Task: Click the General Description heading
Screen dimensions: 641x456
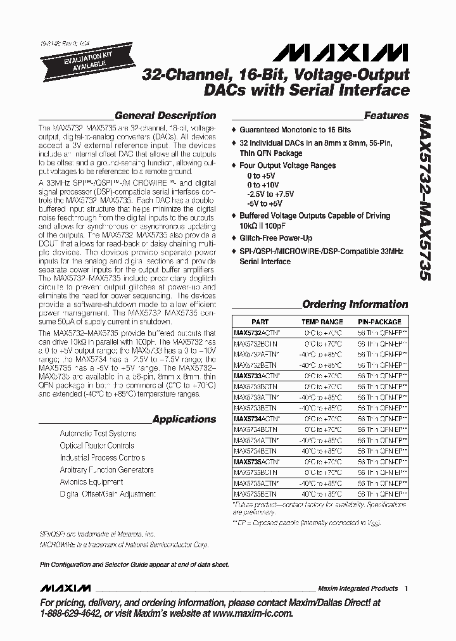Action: click(165, 116)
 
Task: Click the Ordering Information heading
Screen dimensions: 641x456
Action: click(355, 305)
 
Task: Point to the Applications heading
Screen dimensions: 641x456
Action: click(184, 419)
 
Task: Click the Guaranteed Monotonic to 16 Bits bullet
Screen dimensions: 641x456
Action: click(294, 129)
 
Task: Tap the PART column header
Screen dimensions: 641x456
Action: click(260, 322)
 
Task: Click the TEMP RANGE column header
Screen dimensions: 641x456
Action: click(323, 322)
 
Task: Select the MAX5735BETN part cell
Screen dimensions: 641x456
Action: click(255, 493)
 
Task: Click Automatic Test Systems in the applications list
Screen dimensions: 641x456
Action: click(98, 434)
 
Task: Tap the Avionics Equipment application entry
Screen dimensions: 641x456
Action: click(91, 482)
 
